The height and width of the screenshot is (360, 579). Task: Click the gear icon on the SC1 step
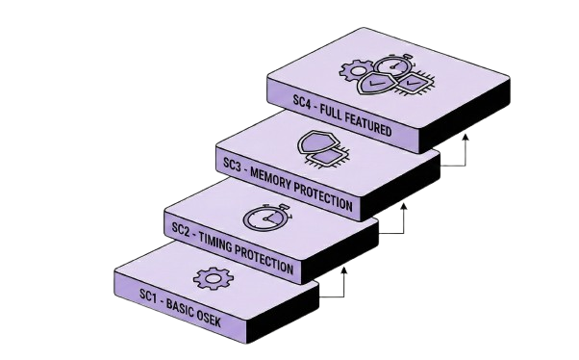tap(214, 279)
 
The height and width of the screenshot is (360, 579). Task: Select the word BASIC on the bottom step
tap(179, 304)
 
